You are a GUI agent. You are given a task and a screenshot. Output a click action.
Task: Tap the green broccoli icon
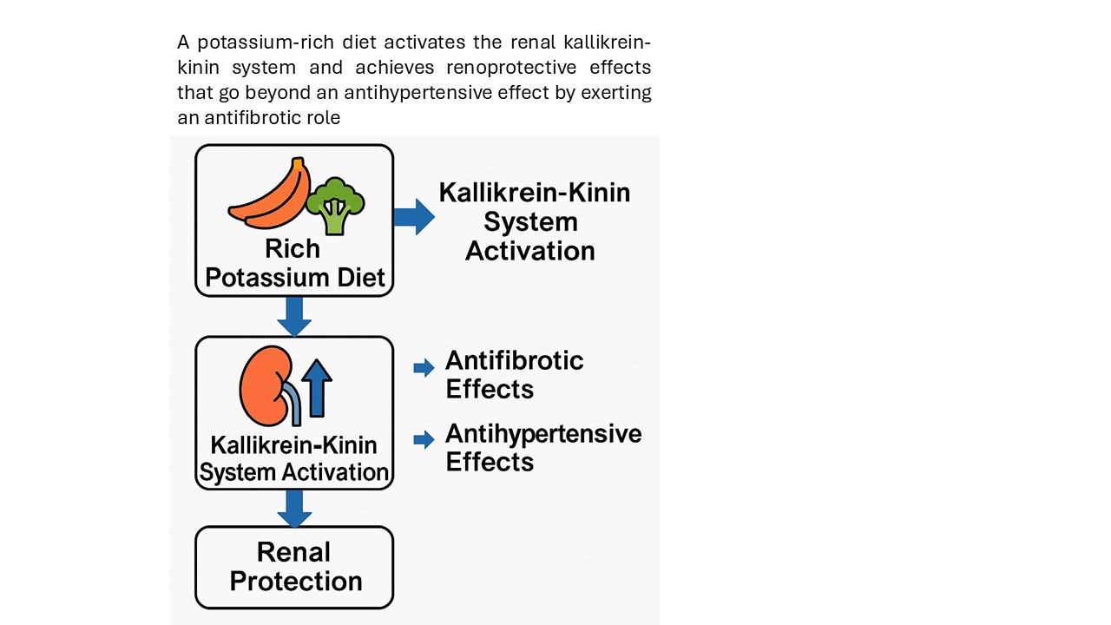(x=335, y=205)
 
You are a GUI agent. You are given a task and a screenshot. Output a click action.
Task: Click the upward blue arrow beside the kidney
(x=318, y=387)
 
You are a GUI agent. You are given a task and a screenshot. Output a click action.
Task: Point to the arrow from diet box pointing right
(x=413, y=216)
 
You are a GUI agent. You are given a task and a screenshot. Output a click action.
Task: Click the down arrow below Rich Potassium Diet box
(x=294, y=316)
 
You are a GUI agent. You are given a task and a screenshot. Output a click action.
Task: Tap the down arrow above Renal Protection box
(x=294, y=508)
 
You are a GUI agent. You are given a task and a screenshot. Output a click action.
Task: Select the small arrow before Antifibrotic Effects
(x=424, y=368)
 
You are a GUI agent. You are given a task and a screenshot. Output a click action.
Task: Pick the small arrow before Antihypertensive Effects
(x=424, y=439)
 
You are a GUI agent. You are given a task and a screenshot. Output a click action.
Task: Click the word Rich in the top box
(x=293, y=249)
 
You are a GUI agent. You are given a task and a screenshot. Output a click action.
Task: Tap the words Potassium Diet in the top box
(x=294, y=279)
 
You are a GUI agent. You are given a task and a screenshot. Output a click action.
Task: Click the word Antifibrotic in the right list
(x=515, y=360)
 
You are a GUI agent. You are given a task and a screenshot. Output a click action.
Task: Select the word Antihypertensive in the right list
(x=543, y=433)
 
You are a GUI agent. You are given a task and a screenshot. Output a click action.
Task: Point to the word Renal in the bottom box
(x=294, y=552)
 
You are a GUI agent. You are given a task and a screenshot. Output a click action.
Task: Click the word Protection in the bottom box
(x=296, y=581)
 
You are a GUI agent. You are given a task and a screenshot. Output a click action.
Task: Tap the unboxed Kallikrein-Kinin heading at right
(x=534, y=192)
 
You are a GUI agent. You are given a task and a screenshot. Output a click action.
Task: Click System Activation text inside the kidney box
(x=294, y=472)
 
